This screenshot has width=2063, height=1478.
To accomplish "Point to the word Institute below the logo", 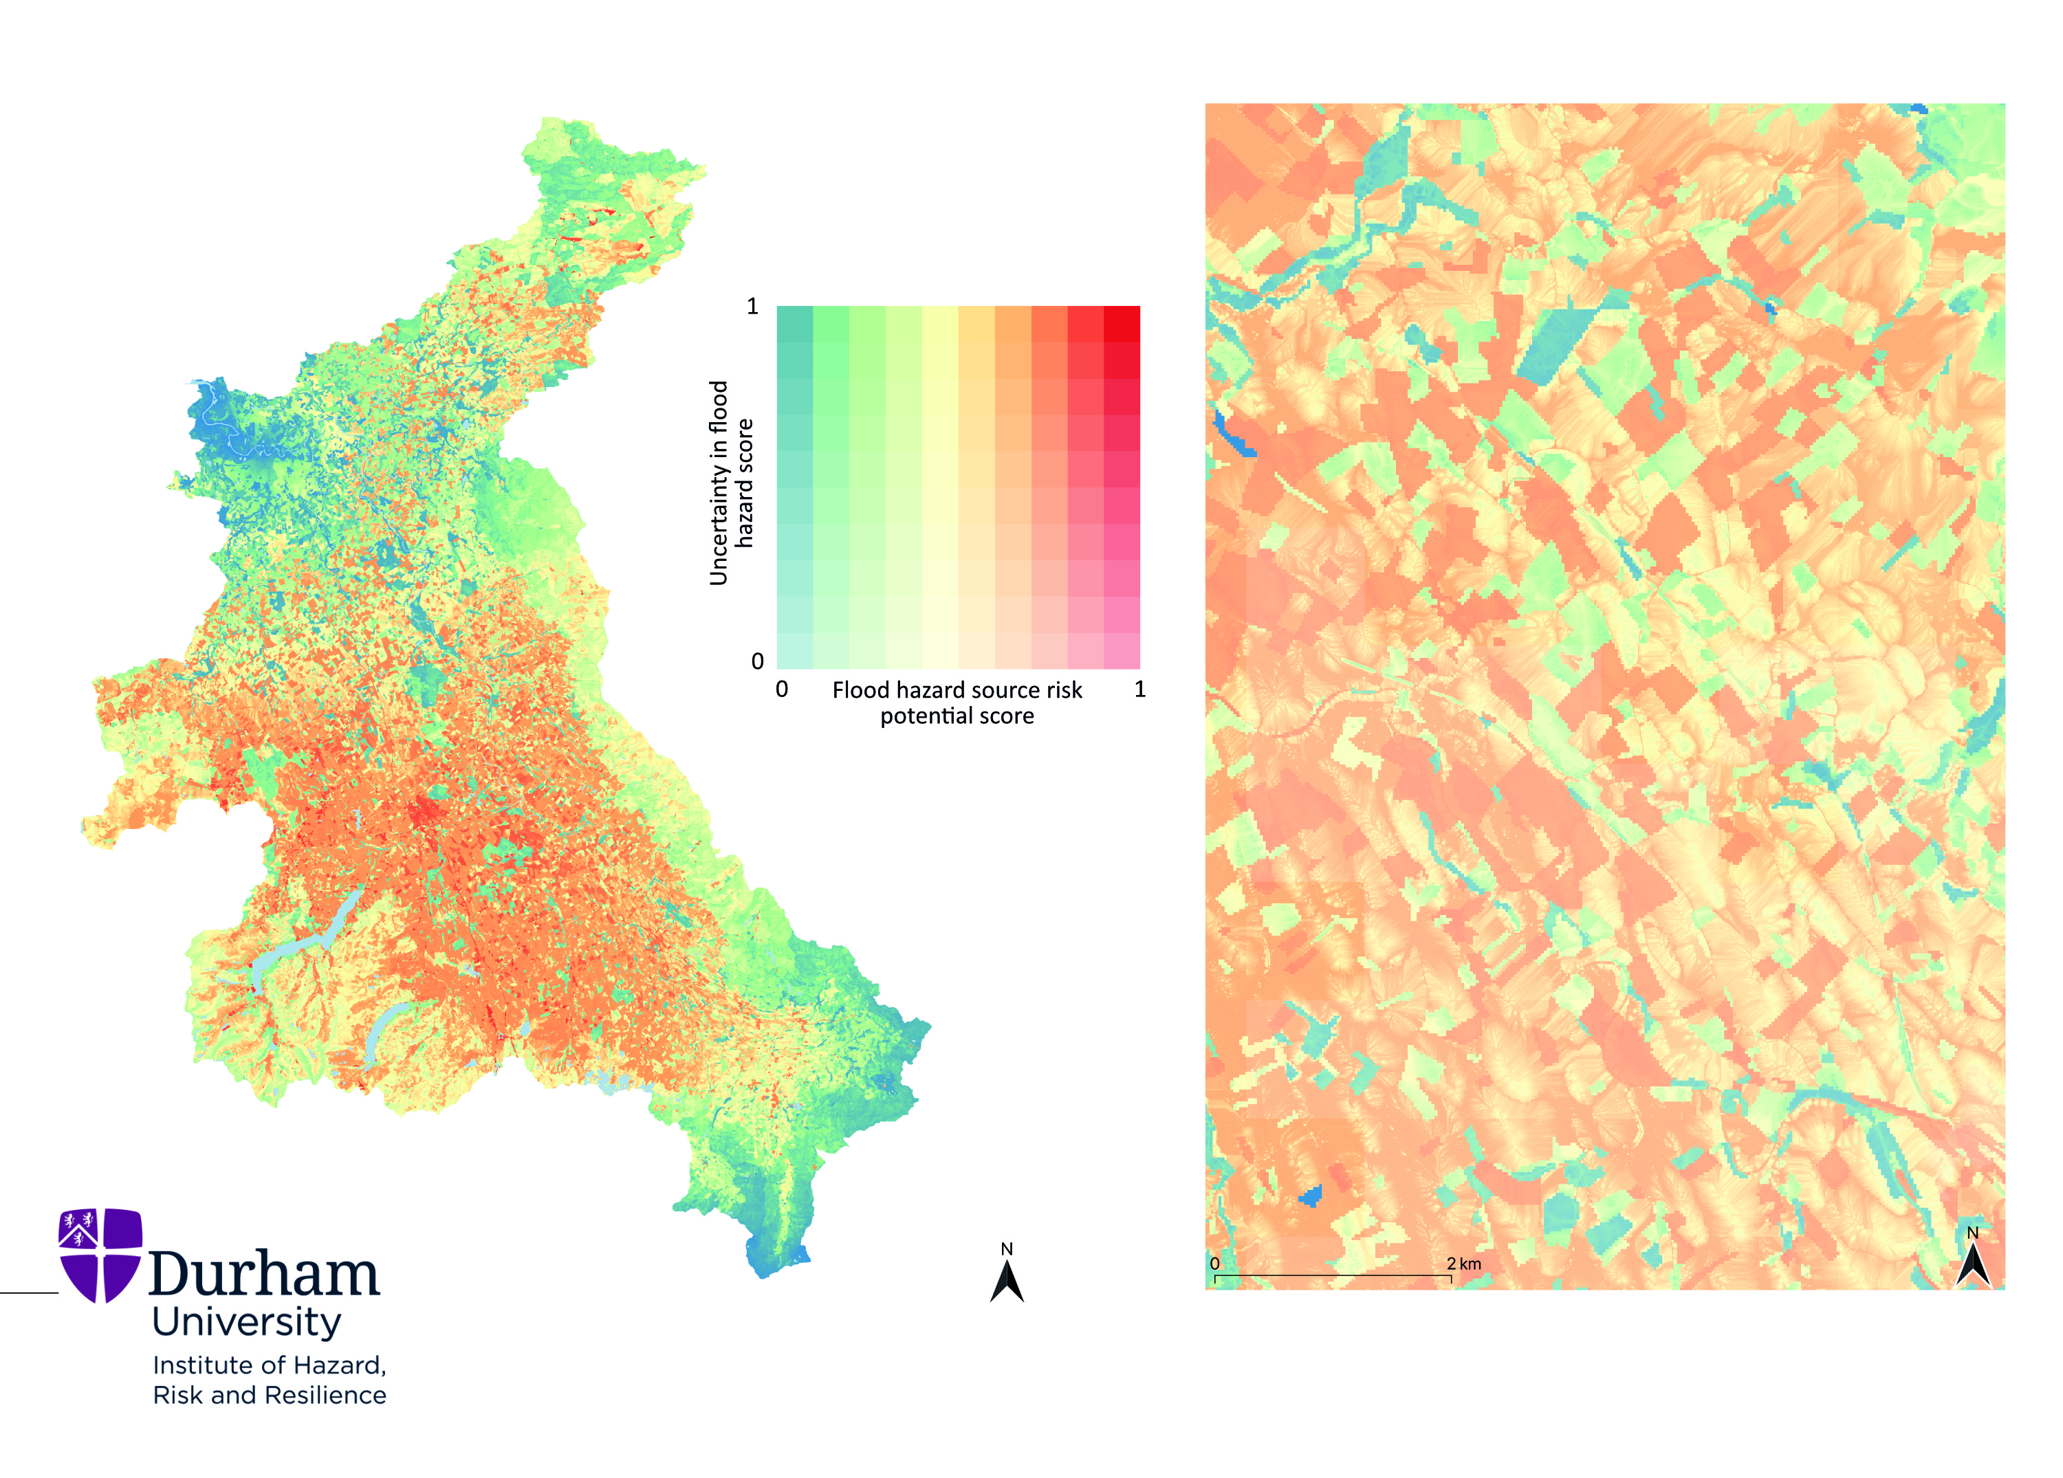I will click(x=198, y=1365).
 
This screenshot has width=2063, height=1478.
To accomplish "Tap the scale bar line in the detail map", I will click(x=1333, y=1276).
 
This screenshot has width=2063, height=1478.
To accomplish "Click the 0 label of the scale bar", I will click(x=1215, y=1264).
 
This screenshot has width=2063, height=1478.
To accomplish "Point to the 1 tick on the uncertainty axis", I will click(x=752, y=307).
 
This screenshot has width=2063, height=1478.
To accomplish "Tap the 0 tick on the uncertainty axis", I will click(x=757, y=661).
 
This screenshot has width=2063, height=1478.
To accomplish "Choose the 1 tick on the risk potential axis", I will click(x=1139, y=690).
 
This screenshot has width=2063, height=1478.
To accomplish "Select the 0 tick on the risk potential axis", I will click(x=781, y=690).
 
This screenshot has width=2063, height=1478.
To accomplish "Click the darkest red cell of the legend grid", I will click(x=1122, y=324).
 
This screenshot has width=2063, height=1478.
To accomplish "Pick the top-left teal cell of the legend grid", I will click(x=795, y=324).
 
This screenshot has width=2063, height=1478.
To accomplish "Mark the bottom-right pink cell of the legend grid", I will click(x=1122, y=651).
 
